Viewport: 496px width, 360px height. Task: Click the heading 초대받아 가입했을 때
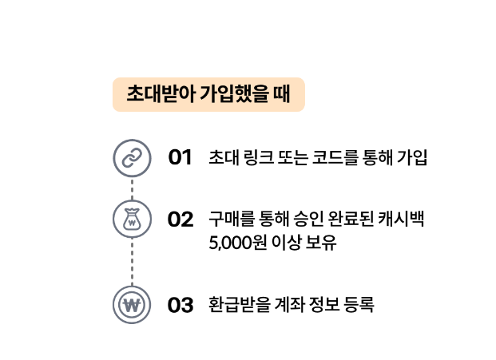pyautogui.click(x=208, y=94)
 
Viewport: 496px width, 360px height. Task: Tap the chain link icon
pyautogui.click(x=132, y=157)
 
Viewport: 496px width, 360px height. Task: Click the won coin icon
pyautogui.click(x=132, y=305)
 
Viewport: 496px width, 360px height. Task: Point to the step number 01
pyautogui.click(x=180, y=157)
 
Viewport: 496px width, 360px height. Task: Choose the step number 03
pyautogui.click(x=181, y=305)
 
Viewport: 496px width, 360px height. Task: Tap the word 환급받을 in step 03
pyautogui.click(x=236, y=305)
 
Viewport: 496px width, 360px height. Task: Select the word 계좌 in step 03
pyautogui.click(x=285, y=305)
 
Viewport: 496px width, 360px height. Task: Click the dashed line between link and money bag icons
pyautogui.click(x=132, y=188)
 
